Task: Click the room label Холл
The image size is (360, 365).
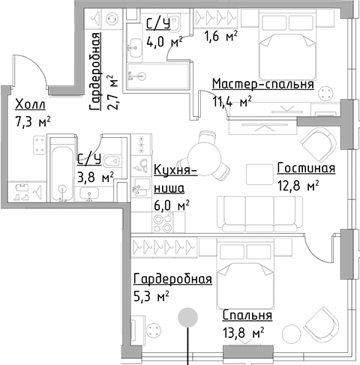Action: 30,104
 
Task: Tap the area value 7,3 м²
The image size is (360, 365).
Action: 33,121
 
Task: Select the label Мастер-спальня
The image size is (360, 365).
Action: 263,84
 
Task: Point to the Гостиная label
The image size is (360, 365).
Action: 306,168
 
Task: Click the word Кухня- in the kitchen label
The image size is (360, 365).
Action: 175,170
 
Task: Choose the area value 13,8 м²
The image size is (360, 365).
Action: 243,333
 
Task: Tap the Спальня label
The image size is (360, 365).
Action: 247,315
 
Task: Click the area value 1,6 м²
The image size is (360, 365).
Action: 220,36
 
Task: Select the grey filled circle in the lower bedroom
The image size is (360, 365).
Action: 187,317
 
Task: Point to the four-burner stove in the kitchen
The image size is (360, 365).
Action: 163,222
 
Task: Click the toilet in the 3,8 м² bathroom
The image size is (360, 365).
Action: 112,162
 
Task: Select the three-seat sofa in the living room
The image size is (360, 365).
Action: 259,214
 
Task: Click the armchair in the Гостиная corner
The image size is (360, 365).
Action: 319,145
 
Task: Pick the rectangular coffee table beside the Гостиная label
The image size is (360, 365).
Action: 259,175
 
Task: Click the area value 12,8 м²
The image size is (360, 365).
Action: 298,185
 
